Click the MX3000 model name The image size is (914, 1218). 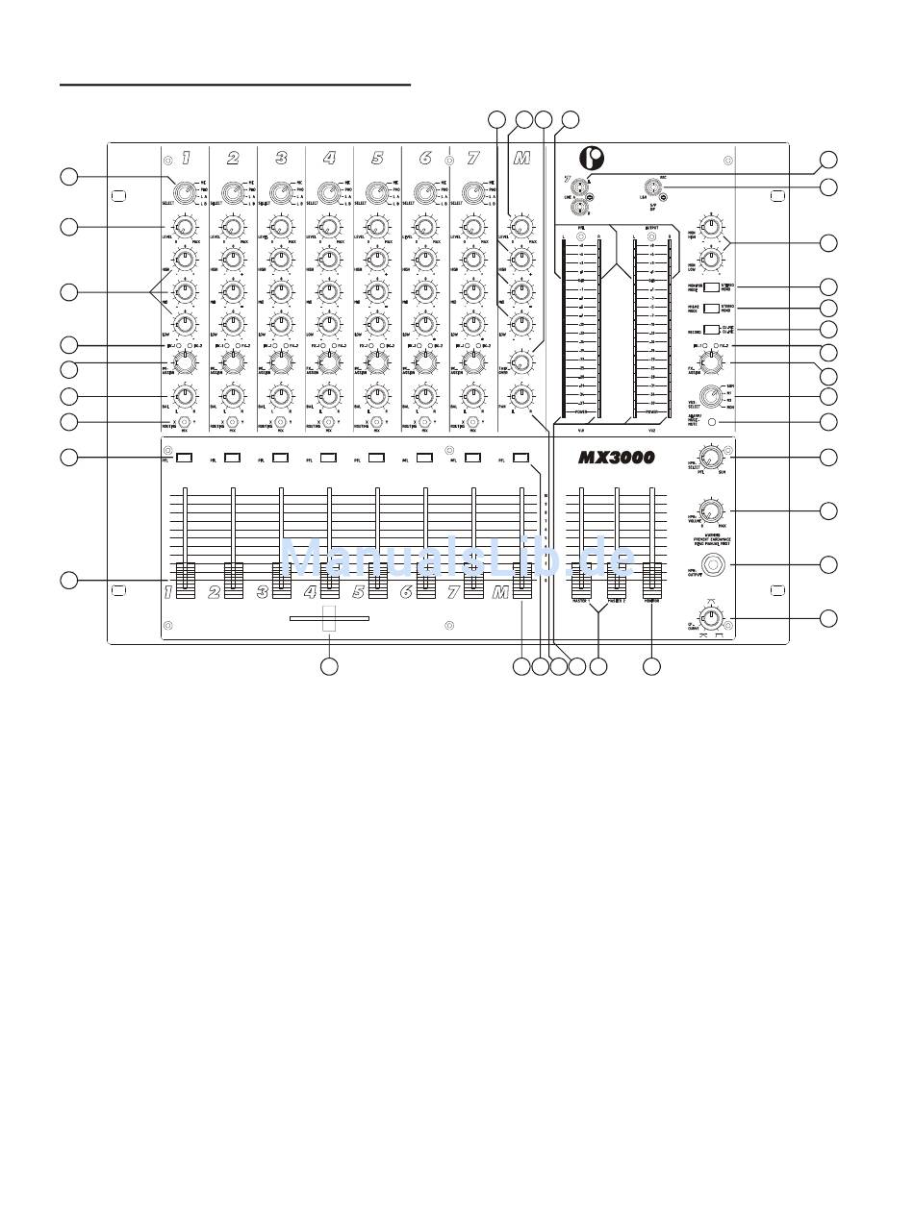tap(616, 459)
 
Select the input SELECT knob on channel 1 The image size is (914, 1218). tap(183, 191)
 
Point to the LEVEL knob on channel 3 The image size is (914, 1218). tap(280, 228)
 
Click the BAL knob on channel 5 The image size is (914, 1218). tap(376, 395)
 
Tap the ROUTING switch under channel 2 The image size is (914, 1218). tap(232, 422)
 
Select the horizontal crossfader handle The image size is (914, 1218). tap(329, 620)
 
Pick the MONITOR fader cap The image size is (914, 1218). tap(652, 578)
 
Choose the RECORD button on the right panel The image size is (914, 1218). tap(710, 330)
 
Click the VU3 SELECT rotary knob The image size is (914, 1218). tap(711, 396)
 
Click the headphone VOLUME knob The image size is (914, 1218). tap(711, 510)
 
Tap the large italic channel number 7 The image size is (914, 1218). tap(472, 159)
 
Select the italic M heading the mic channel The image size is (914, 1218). tap(520, 159)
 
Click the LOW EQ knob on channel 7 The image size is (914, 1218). tap(472, 323)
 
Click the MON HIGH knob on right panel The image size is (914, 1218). tap(711, 228)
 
